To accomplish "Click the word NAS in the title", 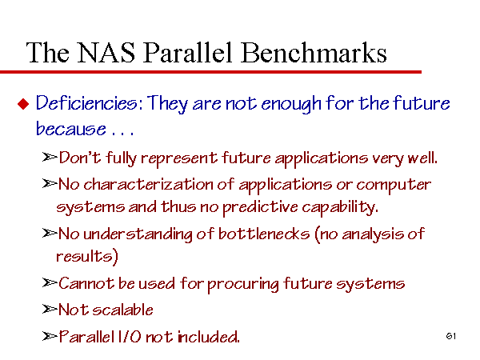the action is [106, 53].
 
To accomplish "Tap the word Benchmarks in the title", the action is [314, 52].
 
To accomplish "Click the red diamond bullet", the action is [23, 104].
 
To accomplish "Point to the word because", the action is [71, 129].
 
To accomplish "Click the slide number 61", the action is [451, 336].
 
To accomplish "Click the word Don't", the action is [80, 158].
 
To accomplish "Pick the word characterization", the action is [148, 185].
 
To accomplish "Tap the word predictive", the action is [260, 207].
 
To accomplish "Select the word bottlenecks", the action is [264, 234].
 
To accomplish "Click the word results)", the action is [87, 257].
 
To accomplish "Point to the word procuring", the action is [243, 284].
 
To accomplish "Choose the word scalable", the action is [122, 310].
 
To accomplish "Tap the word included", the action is [209, 337].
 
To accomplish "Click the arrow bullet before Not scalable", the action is [50, 310].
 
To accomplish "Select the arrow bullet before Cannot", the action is [50, 283].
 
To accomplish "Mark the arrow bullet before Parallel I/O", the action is [50, 337].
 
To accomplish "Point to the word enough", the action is [291, 104].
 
